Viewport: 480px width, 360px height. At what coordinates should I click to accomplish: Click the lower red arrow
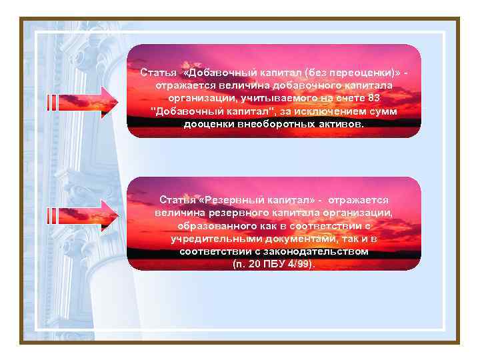pyautogui.click(x=83, y=215)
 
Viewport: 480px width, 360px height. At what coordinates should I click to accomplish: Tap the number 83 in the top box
pyautogui.click(x=373, y=99)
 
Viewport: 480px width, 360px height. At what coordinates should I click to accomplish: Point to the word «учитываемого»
pyautogui.click(x=257, y=99)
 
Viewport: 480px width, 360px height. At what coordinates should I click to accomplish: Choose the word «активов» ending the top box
pyautogui.click(x=339, y=125)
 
